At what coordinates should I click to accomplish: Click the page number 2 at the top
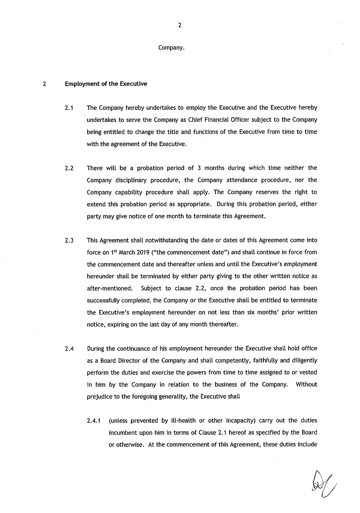coord(180,26)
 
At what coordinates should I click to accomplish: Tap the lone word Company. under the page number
coord(171,48)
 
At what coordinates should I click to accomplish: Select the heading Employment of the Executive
coord(106,84)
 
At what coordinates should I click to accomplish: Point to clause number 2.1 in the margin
coord(69,108)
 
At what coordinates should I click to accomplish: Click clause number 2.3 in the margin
coord(69,240)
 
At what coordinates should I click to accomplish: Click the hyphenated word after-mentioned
coord(109,289)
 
